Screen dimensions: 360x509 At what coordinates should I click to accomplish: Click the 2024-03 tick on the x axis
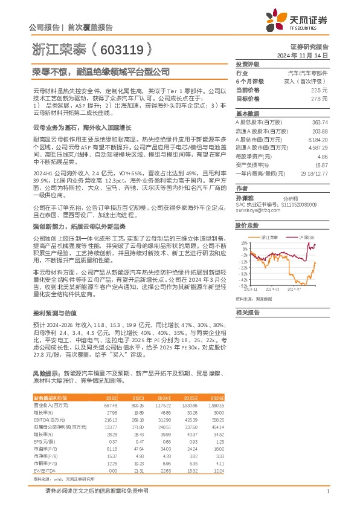click(272, 290)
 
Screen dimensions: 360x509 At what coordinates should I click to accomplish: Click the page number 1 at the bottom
click(327, 491)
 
